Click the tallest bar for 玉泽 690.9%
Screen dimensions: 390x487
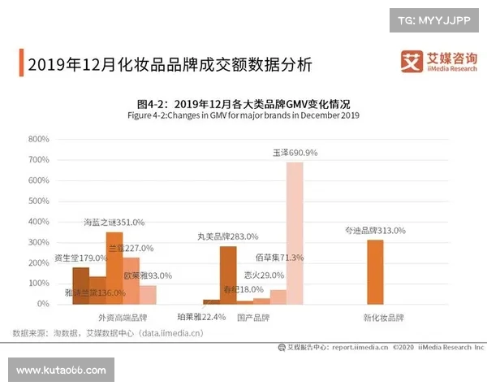pos(295,232)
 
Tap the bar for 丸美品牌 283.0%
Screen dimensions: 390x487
pos(228,275)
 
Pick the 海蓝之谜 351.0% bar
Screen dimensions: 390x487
pos(114,267)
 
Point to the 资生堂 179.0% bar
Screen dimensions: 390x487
pos(80,285)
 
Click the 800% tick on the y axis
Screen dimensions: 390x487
pos(39,139)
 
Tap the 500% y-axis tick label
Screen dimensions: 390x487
pos(39,201)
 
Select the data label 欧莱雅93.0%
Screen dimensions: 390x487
pos(148,275)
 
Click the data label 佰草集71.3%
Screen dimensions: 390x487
pos(282,258)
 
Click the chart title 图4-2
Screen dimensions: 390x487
pos(243,104)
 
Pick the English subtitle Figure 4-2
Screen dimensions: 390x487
pos(243,115)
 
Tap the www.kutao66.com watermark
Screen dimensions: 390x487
pos(61,370)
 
